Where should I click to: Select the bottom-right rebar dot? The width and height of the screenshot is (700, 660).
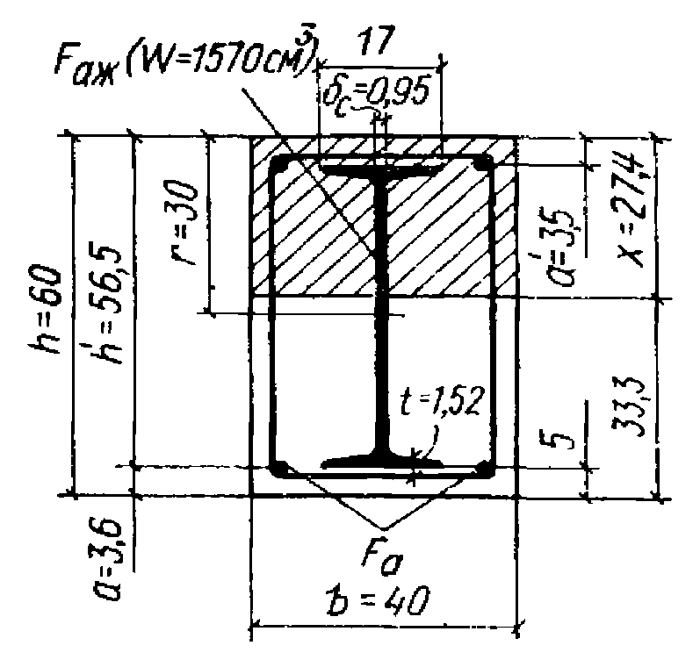point(482,469)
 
